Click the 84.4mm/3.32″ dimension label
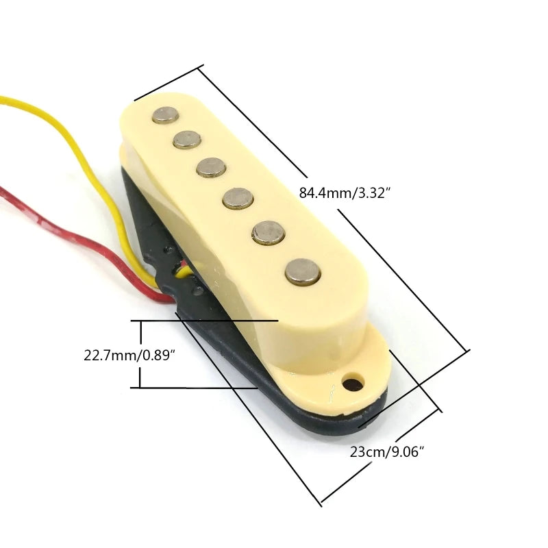tap(345, 194)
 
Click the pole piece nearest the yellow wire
tap(164, 115)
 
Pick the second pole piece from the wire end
tap(186, 140)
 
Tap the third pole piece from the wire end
tap(212, 166)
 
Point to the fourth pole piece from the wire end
tap(238, 199)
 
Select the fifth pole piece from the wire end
tap(268, 233)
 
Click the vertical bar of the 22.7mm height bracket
tap(140, 354)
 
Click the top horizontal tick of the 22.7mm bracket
tap(206, 321)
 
